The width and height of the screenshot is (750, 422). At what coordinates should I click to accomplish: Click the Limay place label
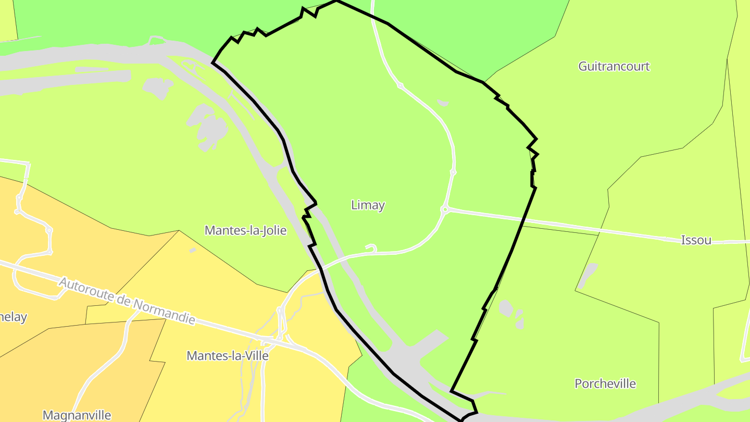pos(368,205)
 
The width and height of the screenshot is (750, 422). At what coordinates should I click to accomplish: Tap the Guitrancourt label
pos(614,66)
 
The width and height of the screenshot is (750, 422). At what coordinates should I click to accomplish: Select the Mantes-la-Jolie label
pos(245,230)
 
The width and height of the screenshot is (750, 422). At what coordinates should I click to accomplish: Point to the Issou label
pos(696,240)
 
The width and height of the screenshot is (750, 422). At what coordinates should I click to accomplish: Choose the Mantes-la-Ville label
pos(228,356)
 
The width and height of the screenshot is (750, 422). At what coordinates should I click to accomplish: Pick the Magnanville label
pos(77,415)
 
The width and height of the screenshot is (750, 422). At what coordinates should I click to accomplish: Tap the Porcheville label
pos(605,384)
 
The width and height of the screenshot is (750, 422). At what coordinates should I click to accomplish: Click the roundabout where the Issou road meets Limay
pos(445,209)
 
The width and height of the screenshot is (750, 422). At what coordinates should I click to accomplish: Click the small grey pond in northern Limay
pos(443,103)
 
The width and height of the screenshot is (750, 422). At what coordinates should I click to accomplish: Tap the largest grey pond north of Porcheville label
pos(505,308)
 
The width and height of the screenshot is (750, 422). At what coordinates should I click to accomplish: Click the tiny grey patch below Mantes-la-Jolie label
pos(193,251)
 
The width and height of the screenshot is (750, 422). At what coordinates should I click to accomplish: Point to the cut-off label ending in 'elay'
pos(12,317)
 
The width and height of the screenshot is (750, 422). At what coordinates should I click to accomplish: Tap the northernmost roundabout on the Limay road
pos(400,85)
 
